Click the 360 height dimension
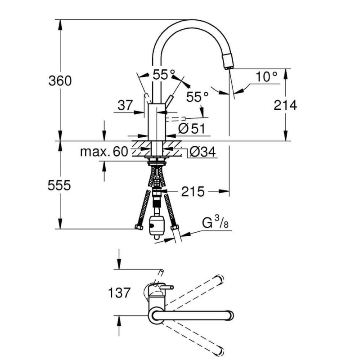(60, 81)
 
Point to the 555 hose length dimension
(60, 185)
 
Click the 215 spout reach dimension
(193, 192)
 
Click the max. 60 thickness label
(104, 152)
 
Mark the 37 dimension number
(125, 106)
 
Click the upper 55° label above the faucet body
(163, 75)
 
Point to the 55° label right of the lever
(197, 96)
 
